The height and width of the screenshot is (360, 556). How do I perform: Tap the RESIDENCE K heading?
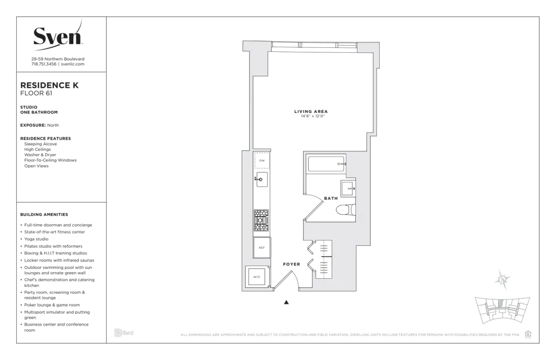(49, 85)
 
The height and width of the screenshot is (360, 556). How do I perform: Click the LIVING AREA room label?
(311, 111)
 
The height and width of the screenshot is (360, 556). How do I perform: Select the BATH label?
(331, 198)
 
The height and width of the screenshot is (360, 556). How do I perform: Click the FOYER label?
(291, 264)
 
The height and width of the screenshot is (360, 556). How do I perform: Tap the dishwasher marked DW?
(262, 161)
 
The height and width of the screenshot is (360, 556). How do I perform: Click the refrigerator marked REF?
(261, 248)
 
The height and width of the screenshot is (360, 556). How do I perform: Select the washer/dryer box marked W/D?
(256, 277)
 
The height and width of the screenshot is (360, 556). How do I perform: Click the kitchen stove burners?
(261, 220)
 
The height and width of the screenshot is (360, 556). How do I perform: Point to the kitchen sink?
(262, 180)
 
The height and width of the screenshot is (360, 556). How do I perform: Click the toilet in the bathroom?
(345, 210)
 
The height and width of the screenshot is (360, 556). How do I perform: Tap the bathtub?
(326, 164)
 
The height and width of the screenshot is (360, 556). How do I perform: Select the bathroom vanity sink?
(348, 189)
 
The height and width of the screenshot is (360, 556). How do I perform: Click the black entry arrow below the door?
(287, 302)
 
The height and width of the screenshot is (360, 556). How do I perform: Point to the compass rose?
(503, 280)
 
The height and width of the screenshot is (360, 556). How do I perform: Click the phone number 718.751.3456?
(44, 64)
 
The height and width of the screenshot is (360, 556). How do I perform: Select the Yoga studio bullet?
(36, 239)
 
